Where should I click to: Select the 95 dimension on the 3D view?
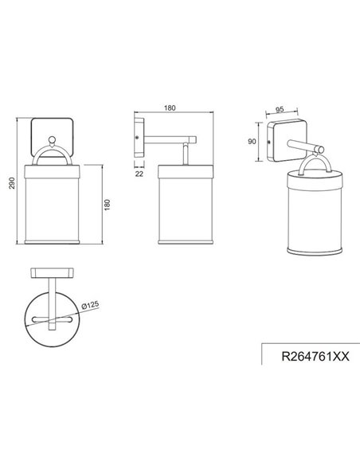(x=280, y=111)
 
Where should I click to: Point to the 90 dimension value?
(x=252, y=142)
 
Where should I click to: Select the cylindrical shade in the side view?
(x=186, y=209)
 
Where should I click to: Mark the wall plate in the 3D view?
(x=282, y=143)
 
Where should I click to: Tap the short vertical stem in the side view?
(x=186, y=154)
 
